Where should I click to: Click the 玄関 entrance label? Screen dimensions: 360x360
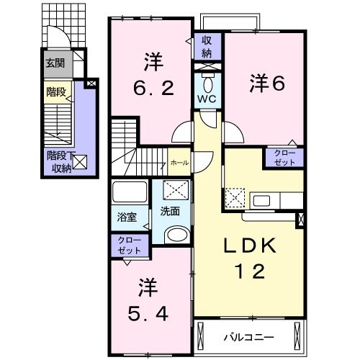[x=55, y=63]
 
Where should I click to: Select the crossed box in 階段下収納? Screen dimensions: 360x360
[x=80, y=162]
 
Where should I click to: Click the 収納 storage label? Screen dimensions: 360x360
[x=207, y=47]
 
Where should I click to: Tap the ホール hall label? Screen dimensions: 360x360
[x=179, y=163]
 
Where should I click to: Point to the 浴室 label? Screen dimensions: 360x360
[x=127, y=216]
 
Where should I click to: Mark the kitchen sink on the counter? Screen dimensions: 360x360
[x=261, y=199]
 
